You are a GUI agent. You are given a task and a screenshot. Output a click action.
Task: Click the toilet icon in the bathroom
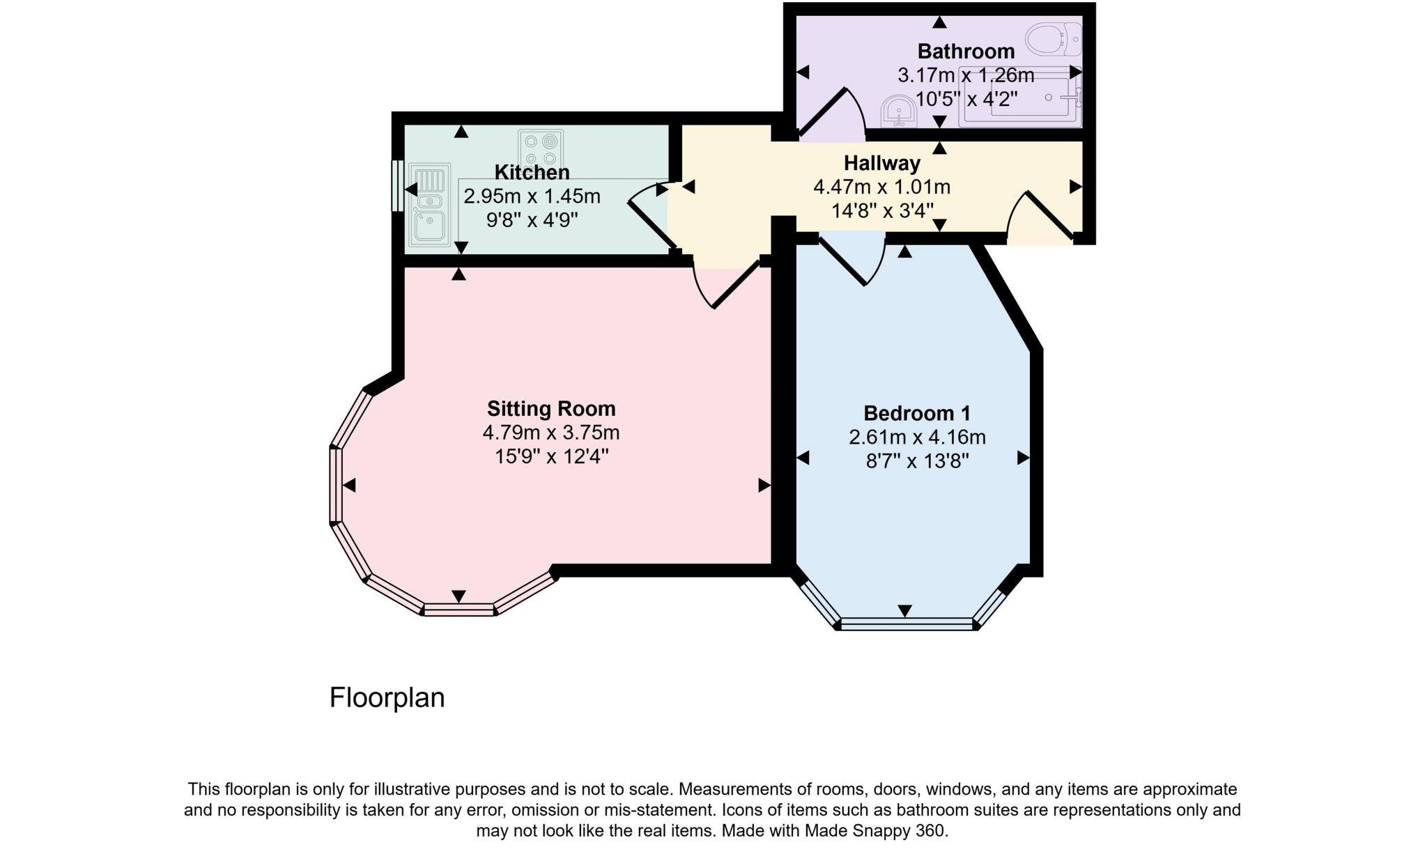tap(1054, 38)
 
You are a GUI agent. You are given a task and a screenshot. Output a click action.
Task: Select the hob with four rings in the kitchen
tap(541, 148)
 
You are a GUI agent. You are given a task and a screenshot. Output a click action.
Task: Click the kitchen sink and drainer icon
tap(430, 205)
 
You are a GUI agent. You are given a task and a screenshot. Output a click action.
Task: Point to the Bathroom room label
tap(965, 51)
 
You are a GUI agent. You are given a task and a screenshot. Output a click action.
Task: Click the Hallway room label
tap(881, 163)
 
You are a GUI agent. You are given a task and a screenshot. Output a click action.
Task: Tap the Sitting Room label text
tap(550, 408)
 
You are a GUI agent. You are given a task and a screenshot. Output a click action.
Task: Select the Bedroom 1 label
tap(916, 413)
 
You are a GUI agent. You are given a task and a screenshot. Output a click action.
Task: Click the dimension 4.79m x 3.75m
tap(550, 433)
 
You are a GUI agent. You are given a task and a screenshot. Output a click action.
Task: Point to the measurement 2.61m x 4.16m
tap(916, 437)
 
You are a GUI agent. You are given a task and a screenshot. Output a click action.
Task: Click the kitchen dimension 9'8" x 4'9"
tap(532, 220)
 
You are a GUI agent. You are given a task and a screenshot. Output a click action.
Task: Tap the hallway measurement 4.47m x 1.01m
tap(881, 187)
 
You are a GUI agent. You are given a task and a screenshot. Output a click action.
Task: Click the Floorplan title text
tap(387, 697)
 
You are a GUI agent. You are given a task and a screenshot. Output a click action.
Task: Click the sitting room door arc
tap(725, 286)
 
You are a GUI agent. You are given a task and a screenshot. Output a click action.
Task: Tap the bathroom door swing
tap(829, 111)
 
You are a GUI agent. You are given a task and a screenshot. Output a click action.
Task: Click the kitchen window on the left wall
tap(396, 185)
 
